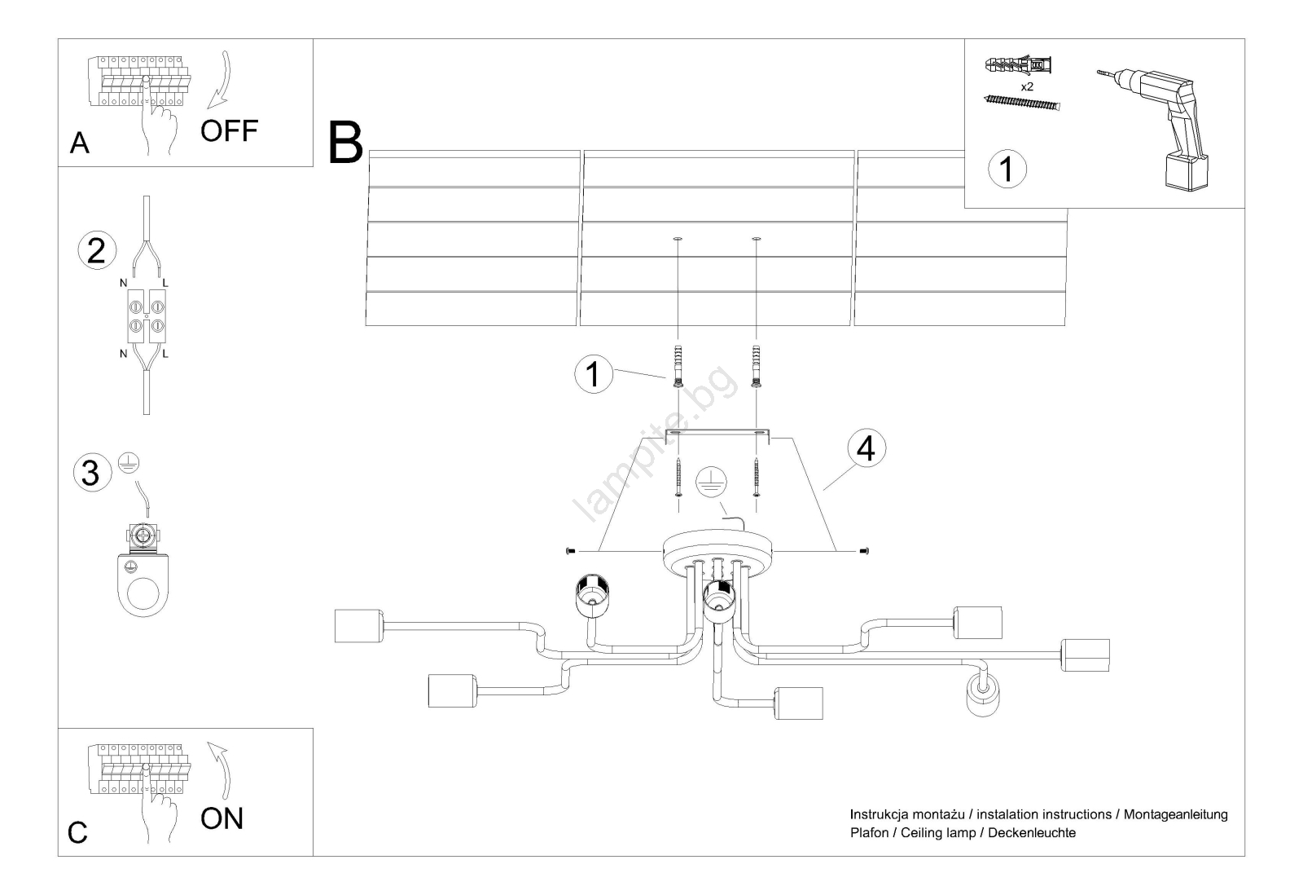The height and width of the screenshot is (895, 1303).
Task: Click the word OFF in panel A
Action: (229, 130)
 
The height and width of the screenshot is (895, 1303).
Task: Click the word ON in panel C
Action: (222, 818)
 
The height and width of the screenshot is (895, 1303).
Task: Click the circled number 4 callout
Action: (866, 448)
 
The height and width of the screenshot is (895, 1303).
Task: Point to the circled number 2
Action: (96, 250)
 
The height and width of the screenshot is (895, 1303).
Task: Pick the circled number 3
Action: (91, 473)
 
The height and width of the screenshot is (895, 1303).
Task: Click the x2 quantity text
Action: (1026, 86)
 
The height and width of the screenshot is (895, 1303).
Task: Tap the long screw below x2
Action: (1024, 104)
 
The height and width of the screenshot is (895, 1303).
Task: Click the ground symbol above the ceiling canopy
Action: (709, 483)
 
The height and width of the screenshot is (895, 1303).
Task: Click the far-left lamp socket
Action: (358, 626)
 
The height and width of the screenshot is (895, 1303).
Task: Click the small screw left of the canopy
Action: (570, 552)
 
